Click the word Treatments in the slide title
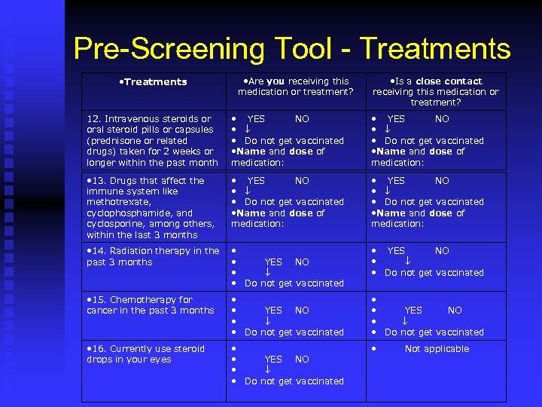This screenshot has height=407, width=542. tap(435, 49)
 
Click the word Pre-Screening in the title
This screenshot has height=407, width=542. tap(169, 49)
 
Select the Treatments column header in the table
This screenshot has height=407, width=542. tap(154, 81)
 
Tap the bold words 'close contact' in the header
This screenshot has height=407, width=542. tap(449, 81)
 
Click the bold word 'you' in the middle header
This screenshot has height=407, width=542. tap(276, 81)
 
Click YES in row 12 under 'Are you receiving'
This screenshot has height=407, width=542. tap(256, 119)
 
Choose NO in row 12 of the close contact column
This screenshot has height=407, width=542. tap(442, 119)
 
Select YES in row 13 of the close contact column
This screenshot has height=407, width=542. tap(396, 181)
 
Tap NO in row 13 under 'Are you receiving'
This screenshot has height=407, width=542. tap(302, 181)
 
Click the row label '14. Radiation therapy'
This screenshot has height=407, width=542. tap(153, 251)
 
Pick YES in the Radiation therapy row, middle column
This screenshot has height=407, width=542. tap(273, 262)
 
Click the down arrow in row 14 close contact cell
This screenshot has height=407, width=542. tap(407, 262)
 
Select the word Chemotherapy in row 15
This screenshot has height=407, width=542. tap(143, 300)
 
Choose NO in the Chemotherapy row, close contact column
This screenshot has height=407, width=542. tap(455, 311)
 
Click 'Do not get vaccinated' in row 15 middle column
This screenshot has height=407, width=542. tap(294, 332)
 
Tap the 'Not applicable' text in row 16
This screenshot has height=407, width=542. tap(437, 349)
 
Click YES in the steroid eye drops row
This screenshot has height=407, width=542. tap(273, 360)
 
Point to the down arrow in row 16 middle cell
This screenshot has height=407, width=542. tap(267, 370)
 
